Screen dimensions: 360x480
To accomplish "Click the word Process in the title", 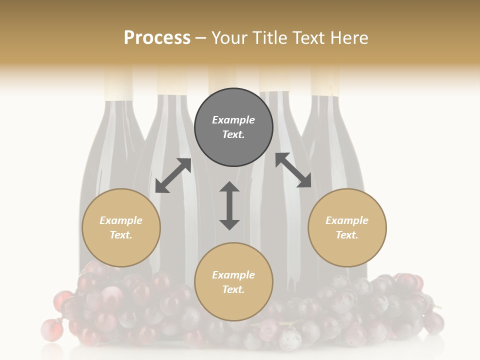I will click(157, 38).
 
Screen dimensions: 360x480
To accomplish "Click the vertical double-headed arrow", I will click(229, 205).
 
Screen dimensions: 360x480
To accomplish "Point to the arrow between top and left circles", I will click(173, 175).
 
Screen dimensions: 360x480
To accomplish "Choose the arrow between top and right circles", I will click(293, 170).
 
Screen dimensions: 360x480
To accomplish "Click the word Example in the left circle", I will click(121, 220).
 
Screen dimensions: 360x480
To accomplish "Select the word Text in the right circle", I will click(346, 235).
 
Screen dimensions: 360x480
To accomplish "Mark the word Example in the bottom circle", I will click(233, 275).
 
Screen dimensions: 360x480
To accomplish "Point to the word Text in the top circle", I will click(232, 134).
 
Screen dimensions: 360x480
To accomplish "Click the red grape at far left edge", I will click(49, 329).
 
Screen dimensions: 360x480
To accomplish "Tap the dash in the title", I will click(200, 38).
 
